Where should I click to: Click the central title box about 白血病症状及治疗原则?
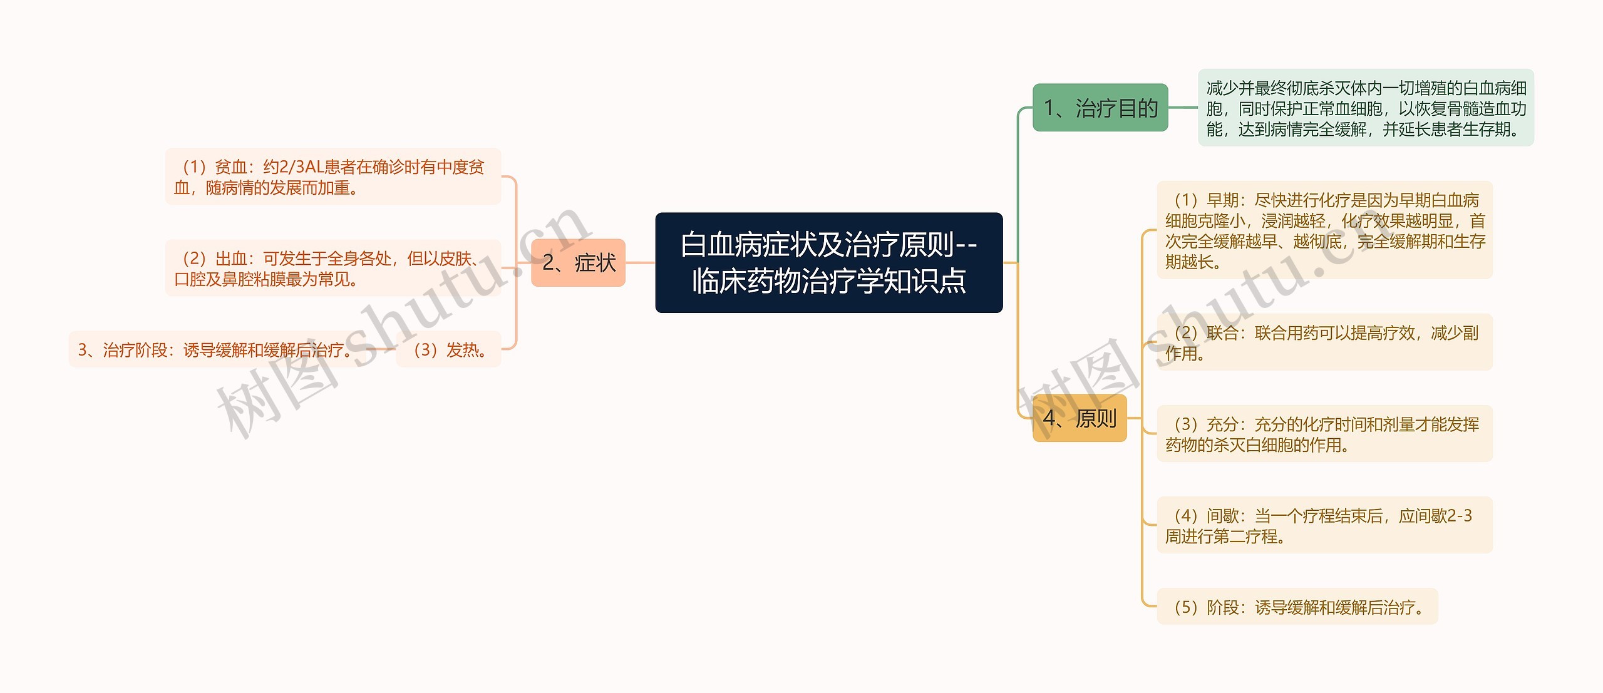[x=828, y=262]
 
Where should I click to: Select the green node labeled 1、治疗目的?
[x=1100, y=108]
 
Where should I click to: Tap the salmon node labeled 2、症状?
[x=578, y=263]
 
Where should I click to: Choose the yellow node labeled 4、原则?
[x=1079, y=418]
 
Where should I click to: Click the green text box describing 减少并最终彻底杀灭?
[x=1366, y=108]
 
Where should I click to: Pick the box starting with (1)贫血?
[x=332, y=177]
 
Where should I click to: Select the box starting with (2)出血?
[x=332, y=268]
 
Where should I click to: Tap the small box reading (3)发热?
[x=448, y=349]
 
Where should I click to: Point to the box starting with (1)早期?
[x=1324, y=230]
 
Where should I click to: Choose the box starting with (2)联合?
[x=1324, y=342]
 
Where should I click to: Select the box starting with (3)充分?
[x=1324, y=434]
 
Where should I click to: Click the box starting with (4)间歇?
[x=1324, y=525]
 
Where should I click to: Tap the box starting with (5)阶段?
[x=1297, y=607]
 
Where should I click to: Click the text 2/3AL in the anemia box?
[x=301, y=167]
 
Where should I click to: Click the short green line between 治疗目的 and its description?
[x=1183, y=108]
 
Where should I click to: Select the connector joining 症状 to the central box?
[x=640, y=263]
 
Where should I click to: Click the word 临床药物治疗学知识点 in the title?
[x=828, y=281]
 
